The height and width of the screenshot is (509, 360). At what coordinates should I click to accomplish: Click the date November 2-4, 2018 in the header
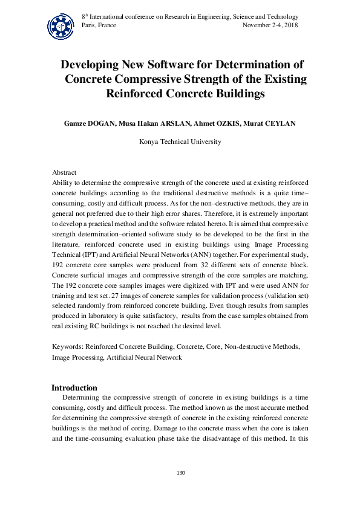270,25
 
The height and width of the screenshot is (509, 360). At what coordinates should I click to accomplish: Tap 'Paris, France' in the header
99,25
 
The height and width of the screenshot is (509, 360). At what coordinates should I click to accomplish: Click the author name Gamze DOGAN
88,123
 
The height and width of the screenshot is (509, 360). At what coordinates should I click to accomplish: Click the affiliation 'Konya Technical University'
180,142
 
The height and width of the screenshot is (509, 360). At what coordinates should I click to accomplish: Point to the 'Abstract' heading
64,173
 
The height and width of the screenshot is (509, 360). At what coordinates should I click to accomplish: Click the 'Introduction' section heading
74,387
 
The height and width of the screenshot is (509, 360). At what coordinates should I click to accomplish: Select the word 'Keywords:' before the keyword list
68,348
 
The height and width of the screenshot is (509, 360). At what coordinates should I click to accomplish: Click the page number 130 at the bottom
180,472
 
